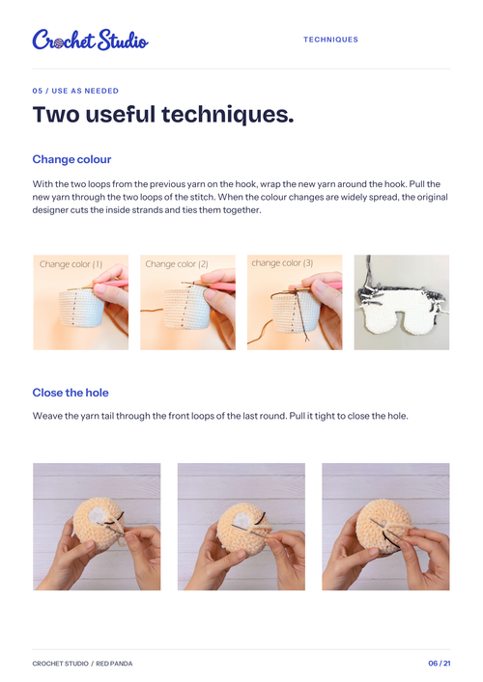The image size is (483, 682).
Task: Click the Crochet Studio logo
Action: (90, 40)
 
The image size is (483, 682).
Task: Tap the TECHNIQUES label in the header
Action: (330, 40)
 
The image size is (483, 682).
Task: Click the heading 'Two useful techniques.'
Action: (163, 115)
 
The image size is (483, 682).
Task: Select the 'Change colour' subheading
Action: (71, 159)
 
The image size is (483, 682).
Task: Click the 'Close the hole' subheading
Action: (71, 393)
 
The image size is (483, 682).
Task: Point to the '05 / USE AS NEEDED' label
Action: (75, 91)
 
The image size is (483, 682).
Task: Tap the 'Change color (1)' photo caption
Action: (71, 264)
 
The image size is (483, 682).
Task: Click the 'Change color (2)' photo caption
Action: (177, 264)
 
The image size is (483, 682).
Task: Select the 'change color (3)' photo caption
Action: (282, 263)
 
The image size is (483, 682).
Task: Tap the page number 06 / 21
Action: (440, 664)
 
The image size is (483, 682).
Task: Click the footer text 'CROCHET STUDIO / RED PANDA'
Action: (82, 664)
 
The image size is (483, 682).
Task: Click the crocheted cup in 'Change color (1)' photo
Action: (81, 308)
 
